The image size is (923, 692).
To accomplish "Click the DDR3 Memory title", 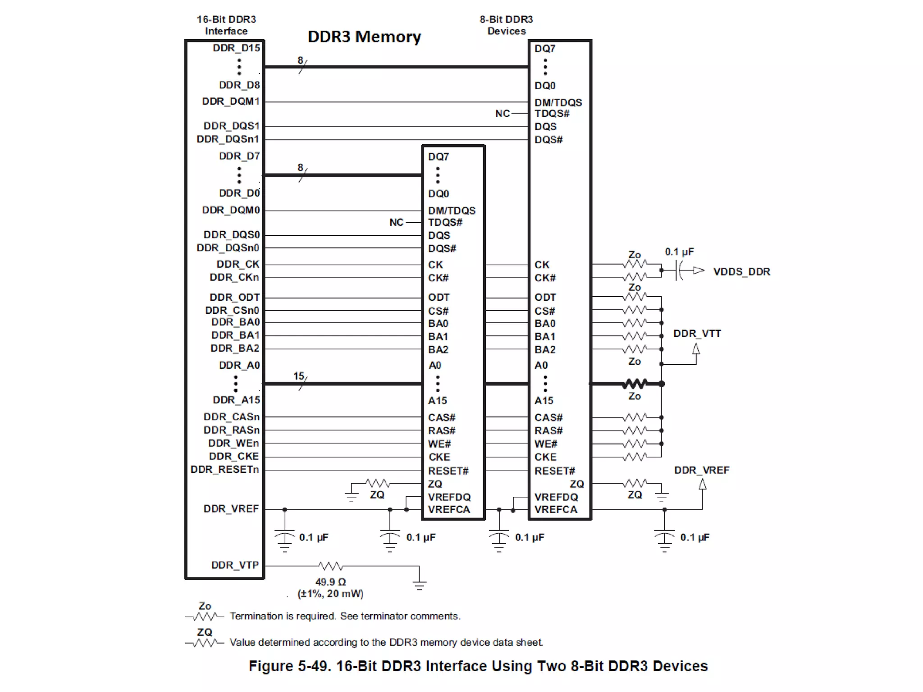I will [364, 37].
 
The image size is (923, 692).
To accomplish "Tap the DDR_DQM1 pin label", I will [231, 101].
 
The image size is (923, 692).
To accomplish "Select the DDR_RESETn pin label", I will [224, 470].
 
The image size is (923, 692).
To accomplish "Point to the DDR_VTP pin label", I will [235, 565].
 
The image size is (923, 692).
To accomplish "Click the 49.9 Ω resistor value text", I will [330, 582].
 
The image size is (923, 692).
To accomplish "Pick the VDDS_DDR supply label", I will [741, 272].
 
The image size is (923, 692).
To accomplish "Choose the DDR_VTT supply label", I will [697, 334].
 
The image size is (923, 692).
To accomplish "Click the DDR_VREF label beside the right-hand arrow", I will [701, 470].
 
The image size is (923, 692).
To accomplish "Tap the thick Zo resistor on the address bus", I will [635, 384].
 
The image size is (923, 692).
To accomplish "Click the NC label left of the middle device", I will [396, 222].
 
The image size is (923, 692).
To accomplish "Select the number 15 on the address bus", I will [298, 376].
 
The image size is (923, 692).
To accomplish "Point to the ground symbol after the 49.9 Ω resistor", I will [419, 584].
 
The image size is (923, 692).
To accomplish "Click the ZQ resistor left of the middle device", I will [378, 484].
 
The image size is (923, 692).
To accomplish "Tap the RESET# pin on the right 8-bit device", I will [554, 471].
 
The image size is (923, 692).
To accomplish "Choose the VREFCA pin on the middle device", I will [449, 510].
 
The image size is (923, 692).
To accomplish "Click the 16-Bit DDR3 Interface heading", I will [226, 25].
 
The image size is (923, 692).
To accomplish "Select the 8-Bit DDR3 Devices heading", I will [506, 25].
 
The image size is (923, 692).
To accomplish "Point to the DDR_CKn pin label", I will [234, 277].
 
